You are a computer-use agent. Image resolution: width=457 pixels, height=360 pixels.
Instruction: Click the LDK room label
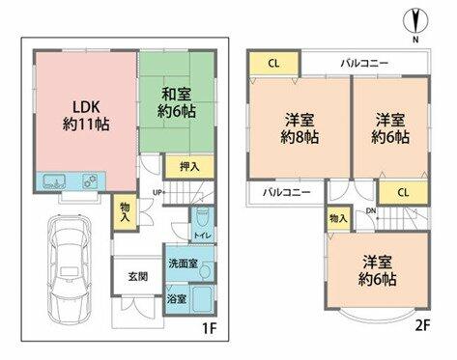point(86,116)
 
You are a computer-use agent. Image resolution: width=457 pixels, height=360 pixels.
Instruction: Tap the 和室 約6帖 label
point(177,103)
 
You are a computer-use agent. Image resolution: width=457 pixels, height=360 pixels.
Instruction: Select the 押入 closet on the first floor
point(189,167)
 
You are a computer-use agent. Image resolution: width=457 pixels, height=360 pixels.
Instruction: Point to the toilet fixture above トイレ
point(203,218)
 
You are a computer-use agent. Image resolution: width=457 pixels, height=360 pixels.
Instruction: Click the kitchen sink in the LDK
point(54,181)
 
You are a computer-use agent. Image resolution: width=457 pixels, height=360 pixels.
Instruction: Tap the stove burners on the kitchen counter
point(90,181)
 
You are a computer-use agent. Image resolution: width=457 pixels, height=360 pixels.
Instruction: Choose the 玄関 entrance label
point(138,276)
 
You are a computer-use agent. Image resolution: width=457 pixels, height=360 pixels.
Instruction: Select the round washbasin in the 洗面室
point(205,271)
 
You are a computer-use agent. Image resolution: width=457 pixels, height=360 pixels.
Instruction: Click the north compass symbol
point(415,21)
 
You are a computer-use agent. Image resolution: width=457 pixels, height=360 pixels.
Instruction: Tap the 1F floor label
point(209,328)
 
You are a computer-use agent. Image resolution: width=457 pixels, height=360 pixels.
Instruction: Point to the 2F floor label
point(422,326)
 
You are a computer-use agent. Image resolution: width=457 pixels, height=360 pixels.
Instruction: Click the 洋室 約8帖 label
point(300,128)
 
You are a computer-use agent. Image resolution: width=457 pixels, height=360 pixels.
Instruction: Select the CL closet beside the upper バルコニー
point(273,64)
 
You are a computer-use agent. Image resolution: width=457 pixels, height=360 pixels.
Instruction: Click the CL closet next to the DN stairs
point(403,192)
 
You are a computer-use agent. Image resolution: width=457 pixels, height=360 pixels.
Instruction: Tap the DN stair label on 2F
point(371,211)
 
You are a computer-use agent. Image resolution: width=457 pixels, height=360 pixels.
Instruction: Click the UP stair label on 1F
point(157,193)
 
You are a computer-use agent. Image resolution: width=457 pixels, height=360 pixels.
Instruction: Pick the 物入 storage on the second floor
point(339,219)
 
